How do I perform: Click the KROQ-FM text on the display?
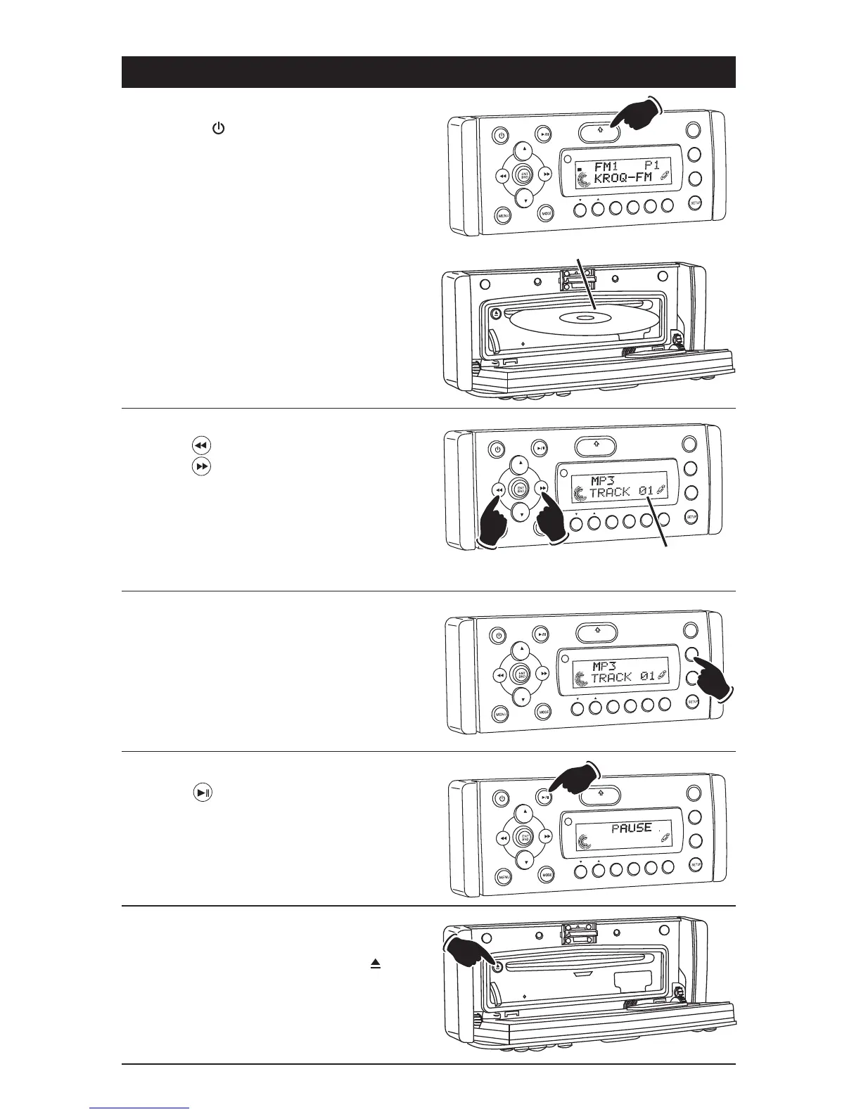point(623,179)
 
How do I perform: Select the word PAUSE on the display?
point(631,828)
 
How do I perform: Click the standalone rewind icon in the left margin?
point(201,446)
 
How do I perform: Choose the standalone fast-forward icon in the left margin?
point(201,466)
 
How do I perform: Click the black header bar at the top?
point(428,72)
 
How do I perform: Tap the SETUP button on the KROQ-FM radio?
point(696,203)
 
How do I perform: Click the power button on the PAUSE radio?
point(500,799)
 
